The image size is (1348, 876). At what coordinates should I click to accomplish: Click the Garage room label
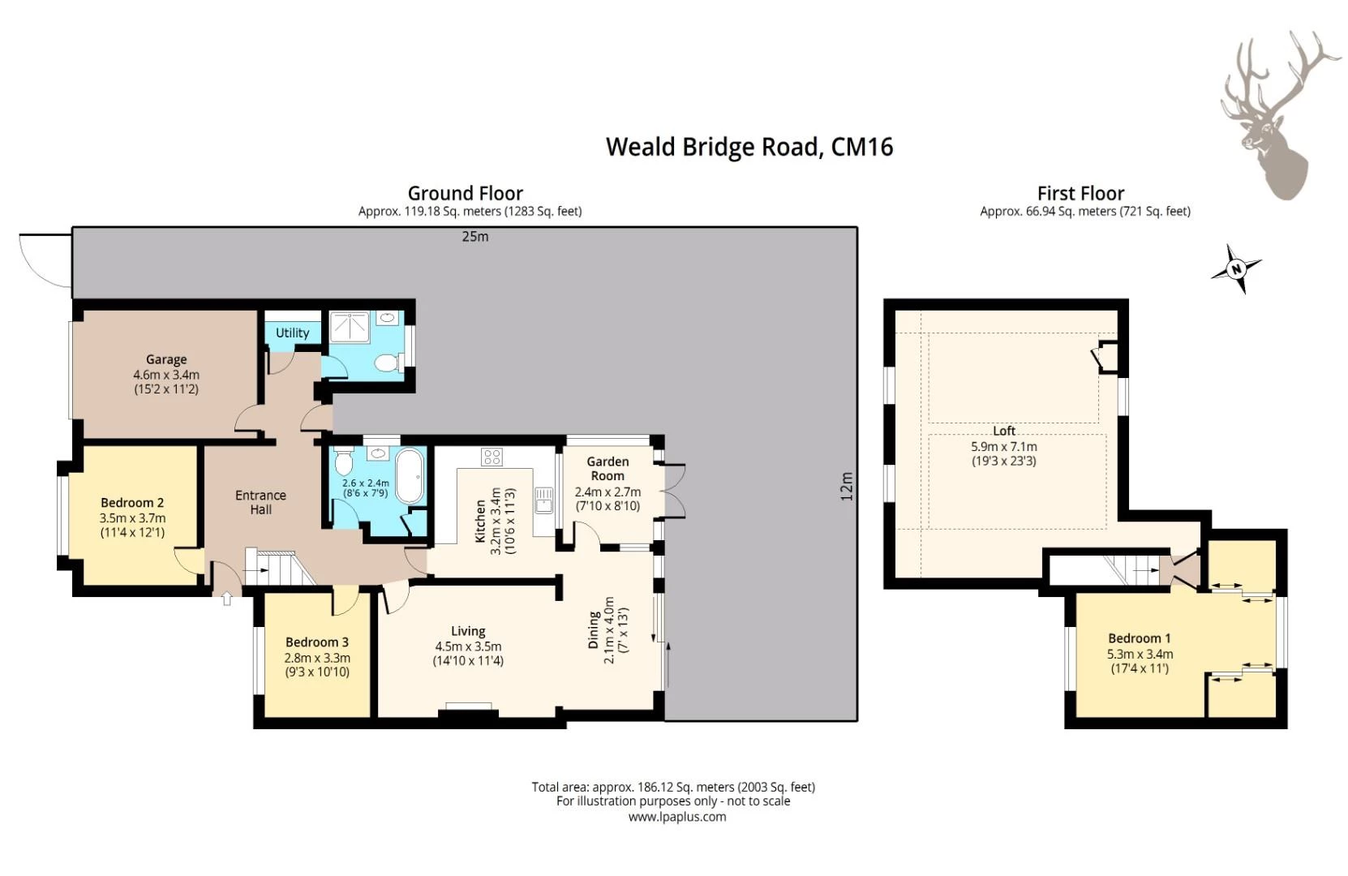[x=166, y=360]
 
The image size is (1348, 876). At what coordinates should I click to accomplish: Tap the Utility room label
[x=293, y=333]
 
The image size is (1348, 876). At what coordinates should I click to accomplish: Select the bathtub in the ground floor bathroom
[x=410, y=475]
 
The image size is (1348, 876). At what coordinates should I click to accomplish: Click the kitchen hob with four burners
[x=492, y=457]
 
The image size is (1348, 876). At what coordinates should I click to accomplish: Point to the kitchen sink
[x=544, y=500]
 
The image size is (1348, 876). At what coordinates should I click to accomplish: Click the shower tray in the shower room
[x=349, y=327]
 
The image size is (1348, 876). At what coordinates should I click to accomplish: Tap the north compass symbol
[x=1236, y=269]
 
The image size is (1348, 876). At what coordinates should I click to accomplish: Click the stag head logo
[x=1280, y=114]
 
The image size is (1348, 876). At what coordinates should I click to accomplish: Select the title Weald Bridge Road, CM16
[x=749, y=147]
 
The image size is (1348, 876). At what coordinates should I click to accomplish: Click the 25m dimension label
[x=474, y=237]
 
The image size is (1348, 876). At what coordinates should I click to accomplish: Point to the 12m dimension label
[x=847, y=486]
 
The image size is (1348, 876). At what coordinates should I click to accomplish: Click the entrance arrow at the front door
[x=227, y=599]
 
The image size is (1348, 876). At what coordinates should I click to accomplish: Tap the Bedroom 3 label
[x=317, y=642]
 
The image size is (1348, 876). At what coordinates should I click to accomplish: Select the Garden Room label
[x=607, y=468]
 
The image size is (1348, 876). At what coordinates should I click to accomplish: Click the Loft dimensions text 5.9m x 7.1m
[x=1004, y=446]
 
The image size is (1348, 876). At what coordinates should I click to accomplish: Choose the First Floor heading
[x=1081, y=193]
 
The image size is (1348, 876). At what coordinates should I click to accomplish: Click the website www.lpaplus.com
[x=677, y=817]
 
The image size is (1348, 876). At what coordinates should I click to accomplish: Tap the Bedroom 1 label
[x=1140, y=638]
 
